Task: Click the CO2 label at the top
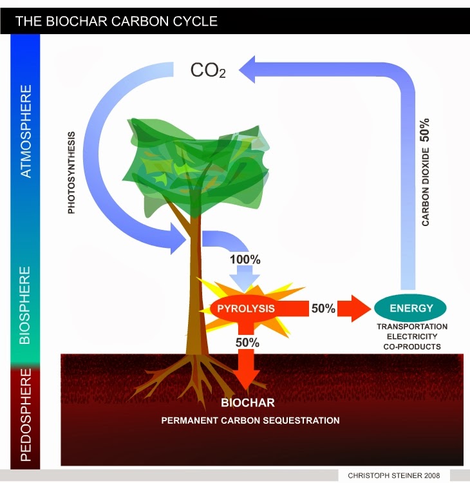207,70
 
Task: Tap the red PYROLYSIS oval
245,308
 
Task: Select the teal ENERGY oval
411,308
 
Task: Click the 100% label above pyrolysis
245,261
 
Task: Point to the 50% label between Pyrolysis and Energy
323,308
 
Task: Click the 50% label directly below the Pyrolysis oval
247,343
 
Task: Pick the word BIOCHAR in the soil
248,403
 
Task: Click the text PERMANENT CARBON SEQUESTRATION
250,421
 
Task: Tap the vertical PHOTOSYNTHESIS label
71,173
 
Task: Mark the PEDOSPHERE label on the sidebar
26,415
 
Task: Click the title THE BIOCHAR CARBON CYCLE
116,21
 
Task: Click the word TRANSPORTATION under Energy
412,327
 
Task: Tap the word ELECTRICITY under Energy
412,336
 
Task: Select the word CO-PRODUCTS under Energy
412,346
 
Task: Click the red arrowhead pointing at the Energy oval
355,308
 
